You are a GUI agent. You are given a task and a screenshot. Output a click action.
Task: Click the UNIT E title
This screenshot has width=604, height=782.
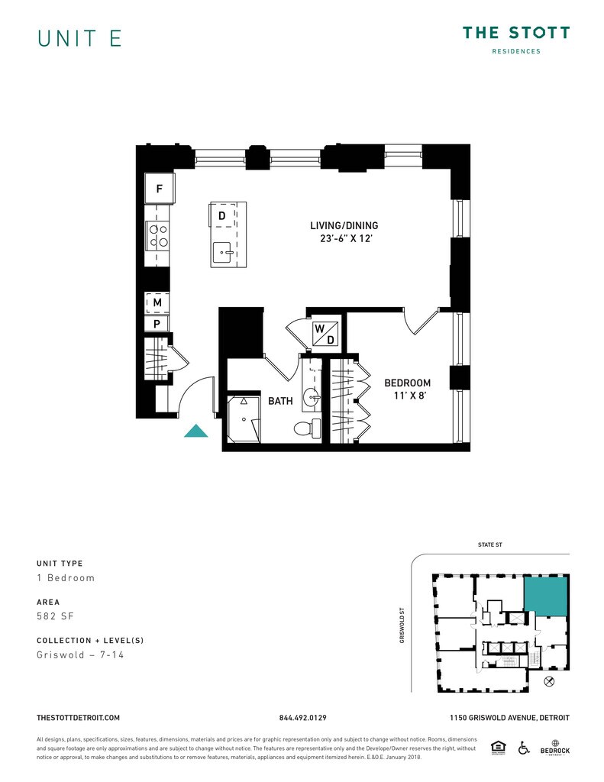[x=79, y=39]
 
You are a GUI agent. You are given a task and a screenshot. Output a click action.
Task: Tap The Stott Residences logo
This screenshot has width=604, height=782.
[x=515, y=40]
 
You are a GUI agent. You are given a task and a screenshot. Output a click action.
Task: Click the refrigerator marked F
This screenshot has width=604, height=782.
[x=159, y=189]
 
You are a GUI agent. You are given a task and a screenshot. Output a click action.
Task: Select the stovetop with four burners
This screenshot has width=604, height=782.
[x=158, y=236]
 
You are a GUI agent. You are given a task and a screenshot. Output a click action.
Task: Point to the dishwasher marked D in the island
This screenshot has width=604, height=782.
[x=221, y=216]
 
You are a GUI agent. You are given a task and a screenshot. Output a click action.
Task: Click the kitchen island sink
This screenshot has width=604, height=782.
[x=224, y=250]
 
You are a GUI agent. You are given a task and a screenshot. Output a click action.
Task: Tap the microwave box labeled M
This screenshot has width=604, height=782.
[x=157, y=303]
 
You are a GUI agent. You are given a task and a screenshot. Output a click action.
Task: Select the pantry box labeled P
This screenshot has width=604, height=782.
[x=157, y=324]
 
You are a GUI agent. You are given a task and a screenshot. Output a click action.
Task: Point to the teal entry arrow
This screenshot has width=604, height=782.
[x=196, y=431]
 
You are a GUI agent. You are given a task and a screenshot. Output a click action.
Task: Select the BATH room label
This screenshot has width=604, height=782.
[x=279, y=401]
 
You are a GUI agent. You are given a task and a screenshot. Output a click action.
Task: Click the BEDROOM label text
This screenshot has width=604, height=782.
[x=407, y=383]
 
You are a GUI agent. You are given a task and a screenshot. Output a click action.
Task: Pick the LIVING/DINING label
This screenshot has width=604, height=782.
[x=344, y=226]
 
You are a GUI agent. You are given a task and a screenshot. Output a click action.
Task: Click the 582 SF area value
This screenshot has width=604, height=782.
[x=55, y=616]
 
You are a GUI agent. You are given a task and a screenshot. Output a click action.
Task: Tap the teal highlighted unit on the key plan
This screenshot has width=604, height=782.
[x=545, y=596]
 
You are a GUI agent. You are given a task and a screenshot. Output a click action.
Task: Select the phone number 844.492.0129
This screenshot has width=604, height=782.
[x=303, y=718]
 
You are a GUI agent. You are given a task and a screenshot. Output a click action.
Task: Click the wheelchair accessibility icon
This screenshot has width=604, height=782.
[x=524, y=747]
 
